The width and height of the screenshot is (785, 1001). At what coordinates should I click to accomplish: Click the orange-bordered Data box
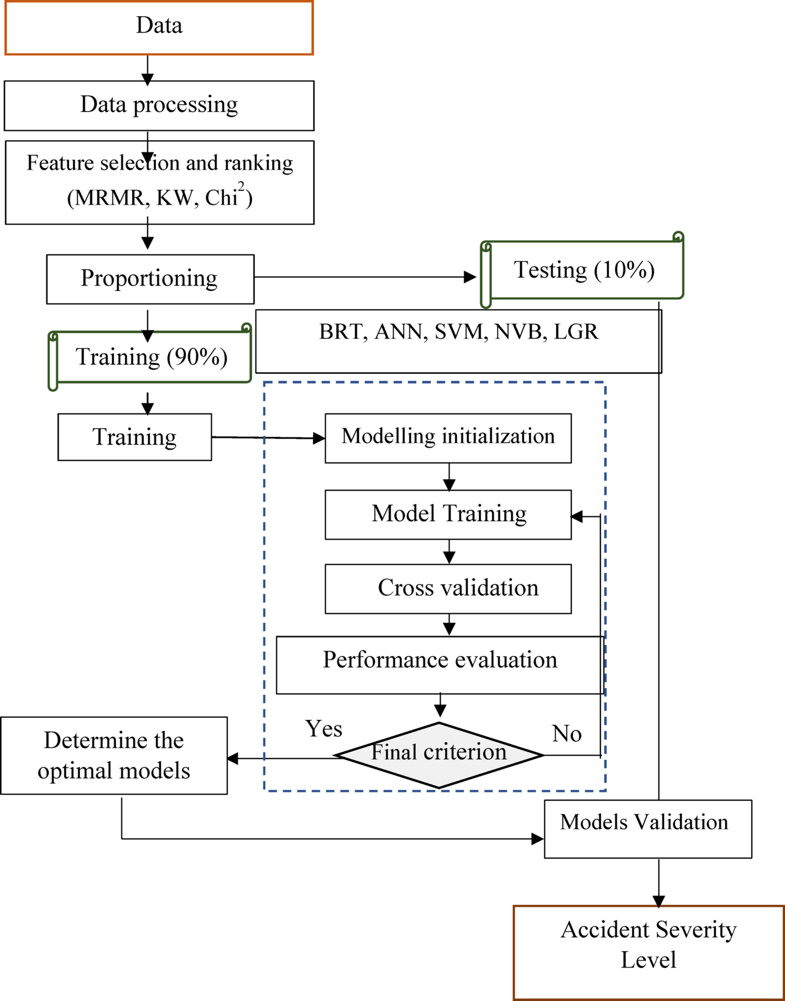click(x=159, y=28)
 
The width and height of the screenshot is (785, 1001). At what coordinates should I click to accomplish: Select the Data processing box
click(x=159, y=105)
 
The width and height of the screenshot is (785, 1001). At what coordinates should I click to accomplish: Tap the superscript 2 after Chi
click(x=241, y=187)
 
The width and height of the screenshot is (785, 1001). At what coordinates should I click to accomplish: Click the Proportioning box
click(x=150, y=279)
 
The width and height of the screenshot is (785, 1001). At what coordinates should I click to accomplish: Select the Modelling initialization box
click(x=448, y=438)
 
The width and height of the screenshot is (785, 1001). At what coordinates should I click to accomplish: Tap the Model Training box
click(x=448, y=515)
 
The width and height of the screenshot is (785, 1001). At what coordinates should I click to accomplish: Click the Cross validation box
click(x=448, y=589)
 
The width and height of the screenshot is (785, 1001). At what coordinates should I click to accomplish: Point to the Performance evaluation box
click(x=439, y=664)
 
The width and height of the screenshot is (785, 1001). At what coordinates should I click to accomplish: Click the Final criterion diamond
click(x=439, y=755)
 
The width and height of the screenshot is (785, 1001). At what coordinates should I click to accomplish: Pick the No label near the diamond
click(x=567, y=734)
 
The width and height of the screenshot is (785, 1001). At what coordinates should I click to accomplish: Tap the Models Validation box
click(x=647, y=829)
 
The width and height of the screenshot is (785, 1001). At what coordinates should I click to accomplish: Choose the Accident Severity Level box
click(x=648, y=952)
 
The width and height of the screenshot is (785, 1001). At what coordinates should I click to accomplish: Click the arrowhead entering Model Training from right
click(x=577, y=516)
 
